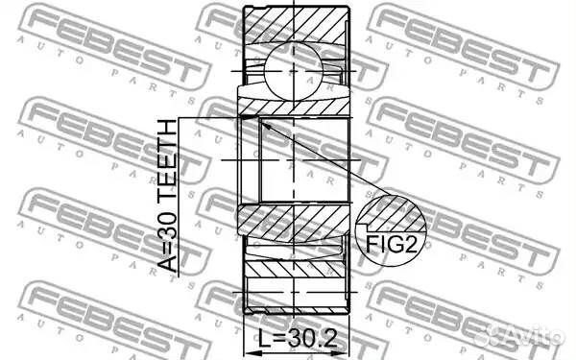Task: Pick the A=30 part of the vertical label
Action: [170, 240]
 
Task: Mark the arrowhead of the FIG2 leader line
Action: [265, 124]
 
